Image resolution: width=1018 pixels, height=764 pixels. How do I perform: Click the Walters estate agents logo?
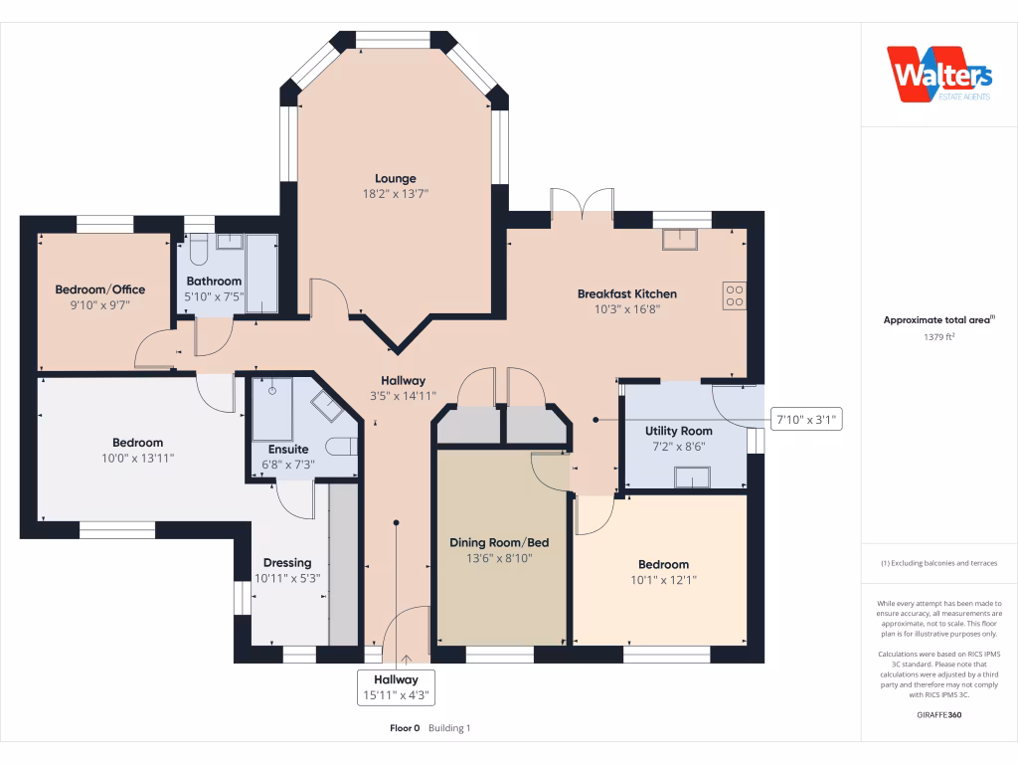(938, 74)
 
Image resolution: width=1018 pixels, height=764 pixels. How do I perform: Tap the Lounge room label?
(396, 179)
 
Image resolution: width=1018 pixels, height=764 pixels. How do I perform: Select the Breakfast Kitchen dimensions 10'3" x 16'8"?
(627, 309)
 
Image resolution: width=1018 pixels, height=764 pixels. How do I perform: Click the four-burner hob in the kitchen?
(735, 295)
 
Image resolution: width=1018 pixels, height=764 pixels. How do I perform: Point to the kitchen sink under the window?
(680, 239)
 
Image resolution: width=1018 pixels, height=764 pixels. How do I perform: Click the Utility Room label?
(678, 431)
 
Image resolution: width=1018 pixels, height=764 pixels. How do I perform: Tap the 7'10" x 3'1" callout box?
(806, 420)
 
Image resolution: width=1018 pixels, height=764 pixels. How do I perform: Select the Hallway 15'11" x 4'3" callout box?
(396, 687)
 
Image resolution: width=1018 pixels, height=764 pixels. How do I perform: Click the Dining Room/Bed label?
(499, 542)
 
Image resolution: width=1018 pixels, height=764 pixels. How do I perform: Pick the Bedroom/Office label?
(100, 289)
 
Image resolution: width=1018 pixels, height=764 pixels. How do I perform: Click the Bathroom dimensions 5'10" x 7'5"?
(214, 296)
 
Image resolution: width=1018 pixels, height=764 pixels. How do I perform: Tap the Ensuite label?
(288, 449)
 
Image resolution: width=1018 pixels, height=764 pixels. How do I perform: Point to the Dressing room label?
(287, 563)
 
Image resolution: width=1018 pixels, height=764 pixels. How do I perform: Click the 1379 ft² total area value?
(938, 336)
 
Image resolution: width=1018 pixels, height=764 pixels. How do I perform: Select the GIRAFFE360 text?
(938, 714)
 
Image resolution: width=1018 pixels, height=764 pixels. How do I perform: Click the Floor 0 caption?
(405, 728)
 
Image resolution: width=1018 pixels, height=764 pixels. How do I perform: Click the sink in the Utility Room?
(692, 477)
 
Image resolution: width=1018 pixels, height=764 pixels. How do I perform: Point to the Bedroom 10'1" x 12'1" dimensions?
(663, 580)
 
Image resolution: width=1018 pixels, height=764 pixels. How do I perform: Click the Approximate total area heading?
(938, 319)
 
